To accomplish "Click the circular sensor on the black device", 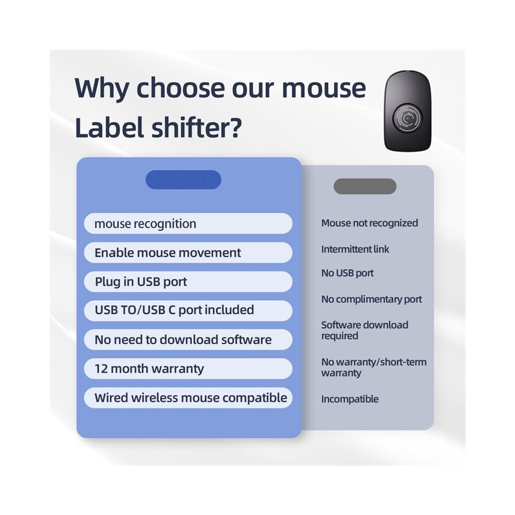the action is click(x=407, y=118).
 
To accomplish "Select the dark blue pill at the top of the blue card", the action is click(x=183, y=179).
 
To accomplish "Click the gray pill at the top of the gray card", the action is click(x=365, y=186).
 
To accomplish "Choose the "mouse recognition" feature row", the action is click(x=188, y=224).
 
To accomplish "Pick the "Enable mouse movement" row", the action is click(x=188, y=253).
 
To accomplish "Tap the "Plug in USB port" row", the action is click(x=188, y=281).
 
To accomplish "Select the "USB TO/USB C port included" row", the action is click(x=188, y=311).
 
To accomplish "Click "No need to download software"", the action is click(x=188, y=340).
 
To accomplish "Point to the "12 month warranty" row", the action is click(x=188, y=368).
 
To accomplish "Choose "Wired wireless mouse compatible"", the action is click(x=188, y=398).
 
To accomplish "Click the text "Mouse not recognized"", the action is click(x=369, y=223).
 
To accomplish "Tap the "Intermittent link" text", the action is click(x=355, y=249).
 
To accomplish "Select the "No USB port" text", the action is click(x=347, y=273).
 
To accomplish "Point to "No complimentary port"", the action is click(x=371, y=299).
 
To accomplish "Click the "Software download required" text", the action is click(x=365, y=330).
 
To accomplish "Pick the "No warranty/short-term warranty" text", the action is click(x=374, y=368).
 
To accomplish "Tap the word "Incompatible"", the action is click(x=350, y=399).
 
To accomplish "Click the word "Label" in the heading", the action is click(x=109, y=128).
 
